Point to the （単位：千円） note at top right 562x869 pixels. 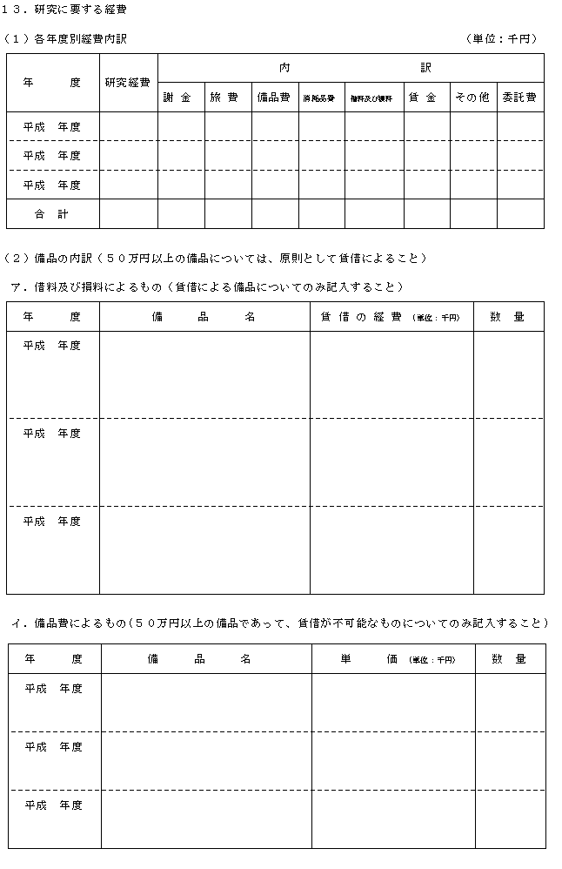click(x=503, y=38)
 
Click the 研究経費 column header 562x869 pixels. click(x=127, y=83)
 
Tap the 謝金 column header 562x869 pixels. click(x=180, y=98)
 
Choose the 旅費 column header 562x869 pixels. click(x=227, y=98)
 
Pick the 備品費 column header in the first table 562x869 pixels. click(x=274, y=98)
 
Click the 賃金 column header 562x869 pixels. click(x=425, y=98)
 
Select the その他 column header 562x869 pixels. click(x=472, y=98)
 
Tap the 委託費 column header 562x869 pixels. click(x=519, y=98)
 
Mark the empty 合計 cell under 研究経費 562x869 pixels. click(x=127, y=213)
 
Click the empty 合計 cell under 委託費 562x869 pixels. click(x=519, y=213)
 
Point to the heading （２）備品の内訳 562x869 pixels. click(x=216, y=258)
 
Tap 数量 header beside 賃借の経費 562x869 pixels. click(x=507, y=317)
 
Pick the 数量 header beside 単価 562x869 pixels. click(x=509, y=659)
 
